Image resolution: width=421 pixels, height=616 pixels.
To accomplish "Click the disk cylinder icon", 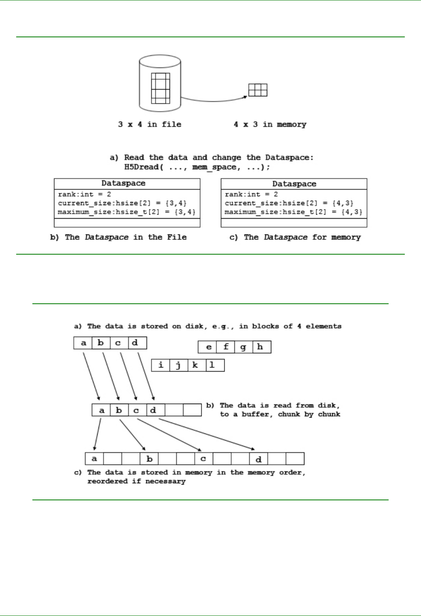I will pos(160,83).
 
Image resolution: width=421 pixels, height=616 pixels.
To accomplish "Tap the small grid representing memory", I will pos(258,90).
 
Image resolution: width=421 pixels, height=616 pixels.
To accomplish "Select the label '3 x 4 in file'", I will pos(150,124).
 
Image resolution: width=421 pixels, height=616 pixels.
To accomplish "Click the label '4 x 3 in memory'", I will pos(270,124).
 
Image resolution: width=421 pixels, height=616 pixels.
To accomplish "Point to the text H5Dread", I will pos(141,167).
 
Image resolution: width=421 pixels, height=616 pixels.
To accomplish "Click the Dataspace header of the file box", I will pos(123,184).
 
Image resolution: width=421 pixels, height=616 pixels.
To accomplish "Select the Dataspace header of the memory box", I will pos(294,184).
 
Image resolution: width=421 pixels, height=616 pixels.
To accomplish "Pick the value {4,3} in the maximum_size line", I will pos(352,212).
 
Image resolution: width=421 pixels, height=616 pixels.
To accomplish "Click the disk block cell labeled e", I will pos(208,347).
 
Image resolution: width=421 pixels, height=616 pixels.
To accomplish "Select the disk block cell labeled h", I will pos(260,347).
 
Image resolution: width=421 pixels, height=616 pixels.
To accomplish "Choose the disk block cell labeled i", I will pos(161,365).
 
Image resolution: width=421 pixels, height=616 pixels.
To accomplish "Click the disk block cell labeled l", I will pos(212,365).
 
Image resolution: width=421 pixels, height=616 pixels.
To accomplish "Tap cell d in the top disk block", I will pos(135,343).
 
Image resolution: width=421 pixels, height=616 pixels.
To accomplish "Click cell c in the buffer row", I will pos(136,410).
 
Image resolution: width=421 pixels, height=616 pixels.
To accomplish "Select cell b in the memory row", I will pos(150,459).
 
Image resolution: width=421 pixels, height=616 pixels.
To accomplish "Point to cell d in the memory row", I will pos(259,459).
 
